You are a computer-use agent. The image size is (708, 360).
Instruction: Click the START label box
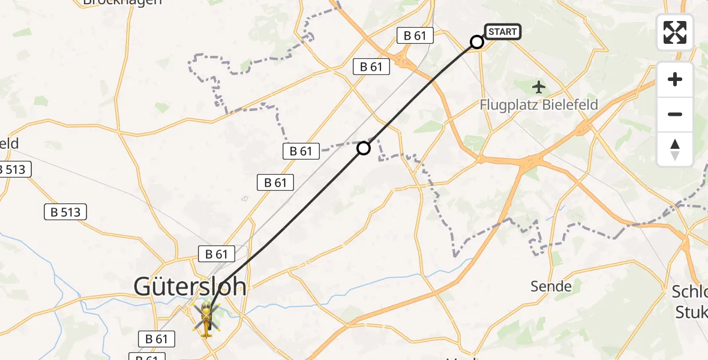(x=502, y=32)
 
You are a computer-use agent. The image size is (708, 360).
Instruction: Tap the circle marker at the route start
(x=477, y=42)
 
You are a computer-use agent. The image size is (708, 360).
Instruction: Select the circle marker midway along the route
(x=364, y=148)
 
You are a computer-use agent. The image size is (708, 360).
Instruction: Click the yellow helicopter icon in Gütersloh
(x=206, y=319)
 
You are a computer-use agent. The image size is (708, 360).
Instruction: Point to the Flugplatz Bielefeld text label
(x=539, y=105)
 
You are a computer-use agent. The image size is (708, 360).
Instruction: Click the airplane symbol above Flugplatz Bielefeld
(x=539, y=88)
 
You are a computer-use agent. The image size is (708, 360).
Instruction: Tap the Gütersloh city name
(x=190, y=287)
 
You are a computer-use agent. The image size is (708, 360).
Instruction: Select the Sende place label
(x=551, y=287)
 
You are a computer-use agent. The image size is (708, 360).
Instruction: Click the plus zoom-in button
(x=675, y=79)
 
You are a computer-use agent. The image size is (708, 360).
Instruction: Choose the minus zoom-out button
(x=675, y=114)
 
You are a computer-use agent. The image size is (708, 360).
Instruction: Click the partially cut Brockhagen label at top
(x=122, y=2)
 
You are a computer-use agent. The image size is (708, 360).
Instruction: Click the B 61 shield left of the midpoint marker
(x=301, y=151)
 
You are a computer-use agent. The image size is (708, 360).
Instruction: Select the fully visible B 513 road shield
(x=66, y=211)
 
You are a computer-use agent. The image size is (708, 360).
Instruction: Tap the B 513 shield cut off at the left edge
(x=13, y=169)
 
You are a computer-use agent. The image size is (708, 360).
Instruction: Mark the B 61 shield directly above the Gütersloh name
(x=217, y=254)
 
